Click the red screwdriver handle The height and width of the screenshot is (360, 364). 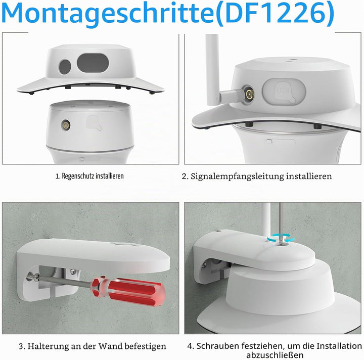point(128,290)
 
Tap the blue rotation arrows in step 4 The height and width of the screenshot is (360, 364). point(281,238)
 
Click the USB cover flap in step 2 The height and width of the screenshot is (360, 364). point(284,92)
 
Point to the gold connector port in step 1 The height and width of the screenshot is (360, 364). point(66,125)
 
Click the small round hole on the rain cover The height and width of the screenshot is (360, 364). point(65,66)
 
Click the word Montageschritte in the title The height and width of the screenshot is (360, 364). point(107,14)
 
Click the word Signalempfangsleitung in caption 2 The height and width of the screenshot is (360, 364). point(237,176)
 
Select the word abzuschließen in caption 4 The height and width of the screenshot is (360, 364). point(275,355)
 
